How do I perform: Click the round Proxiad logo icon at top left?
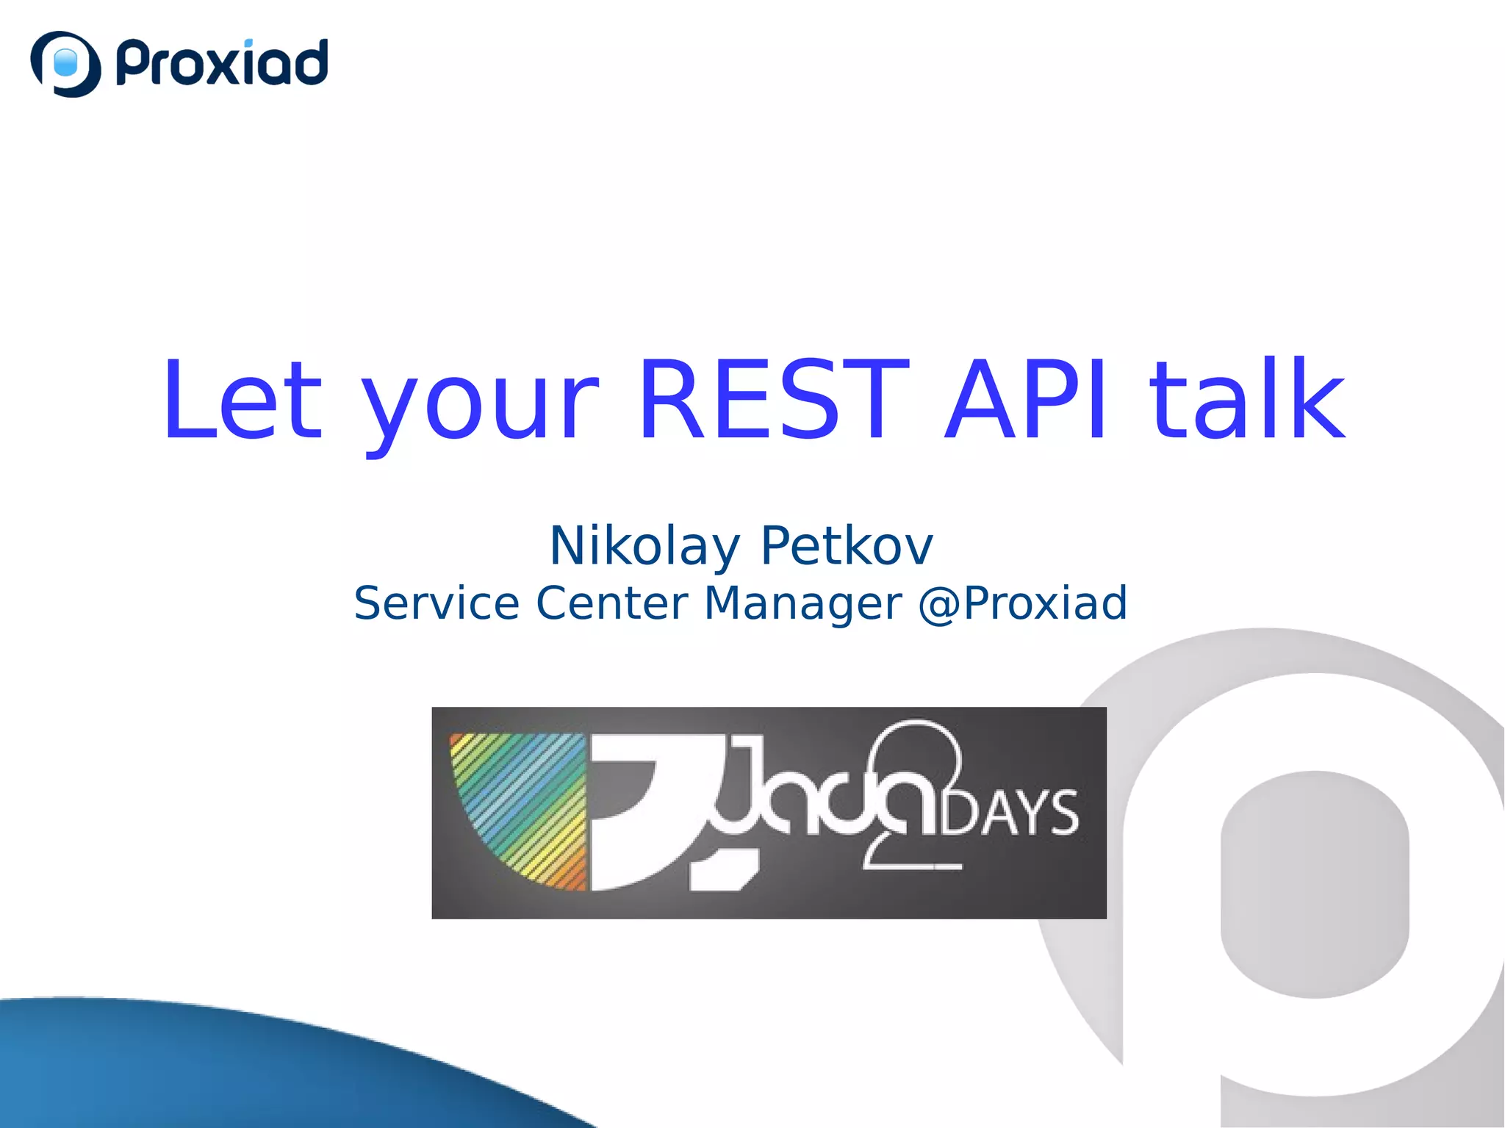tap(65, 64)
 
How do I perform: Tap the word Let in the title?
tap(243, 400)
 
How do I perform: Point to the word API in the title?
tap(1025, 400)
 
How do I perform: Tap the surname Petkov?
tap(846, 546)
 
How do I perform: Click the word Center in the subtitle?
tap(612, 603)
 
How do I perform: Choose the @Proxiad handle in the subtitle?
tap(1022, 603)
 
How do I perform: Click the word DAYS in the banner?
tap(1010, 813)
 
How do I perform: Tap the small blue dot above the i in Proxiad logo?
tap(248, 43)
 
